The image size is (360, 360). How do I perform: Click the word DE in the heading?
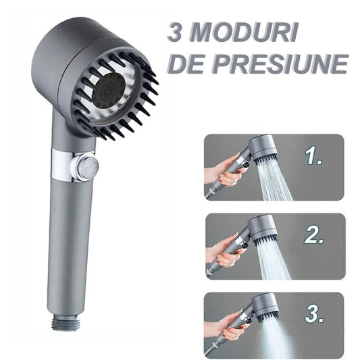pyautogui.click(x=186, y=63)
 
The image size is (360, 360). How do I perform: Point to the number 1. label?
pyautogui.click(x=315, y=157)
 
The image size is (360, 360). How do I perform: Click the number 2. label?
pyautogui.click(x=315, y=236)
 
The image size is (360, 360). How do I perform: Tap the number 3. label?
pyautogui.click(x=315, y=313)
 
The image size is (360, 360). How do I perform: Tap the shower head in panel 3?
pyautogui.click(x=264, y=305)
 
